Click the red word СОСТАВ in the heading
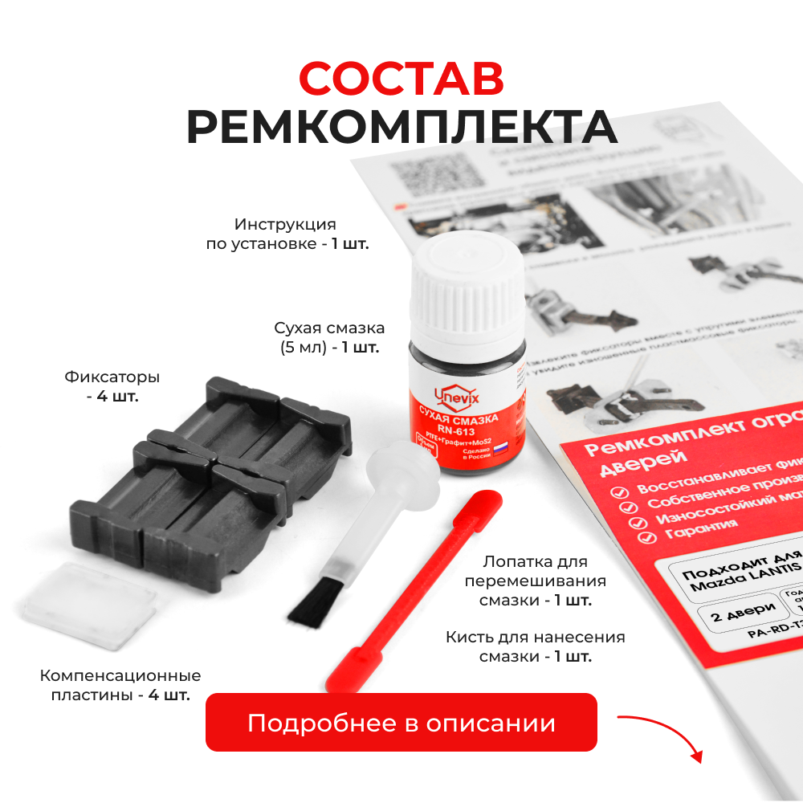click(401, 78)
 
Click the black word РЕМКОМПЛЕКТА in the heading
click(401, 127)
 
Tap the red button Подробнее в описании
click(401, 723)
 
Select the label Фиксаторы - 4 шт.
click(112, 385)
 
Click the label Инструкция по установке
click(287, 234)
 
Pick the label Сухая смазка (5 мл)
click(329, 337)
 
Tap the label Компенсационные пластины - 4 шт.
click(120, 685)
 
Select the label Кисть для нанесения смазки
click(535, 646)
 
